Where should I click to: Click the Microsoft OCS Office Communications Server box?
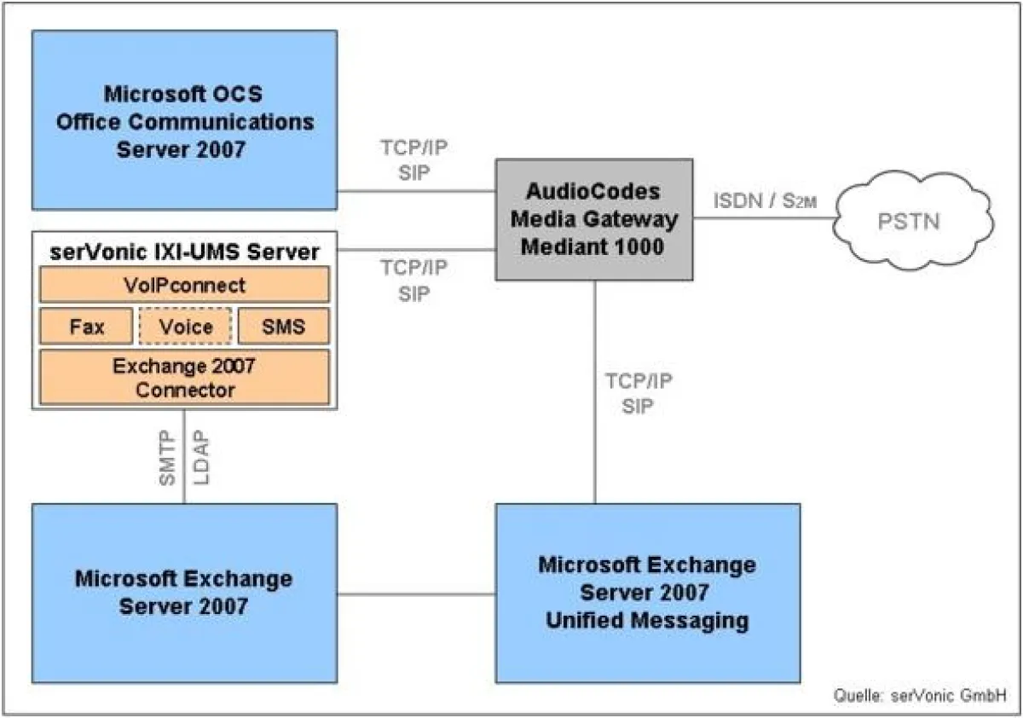pos(184,119)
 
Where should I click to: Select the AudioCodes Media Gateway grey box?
pos(594,218)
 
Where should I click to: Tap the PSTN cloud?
pos(908,223)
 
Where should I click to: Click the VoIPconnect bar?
pos(184,284)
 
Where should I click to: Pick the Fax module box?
pos(87,327)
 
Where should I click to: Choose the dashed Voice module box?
pos(185,327)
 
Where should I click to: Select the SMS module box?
pos(283,327)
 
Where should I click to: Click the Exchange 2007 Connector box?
pos(184,378)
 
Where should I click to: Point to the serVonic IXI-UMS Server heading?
pos(184,252)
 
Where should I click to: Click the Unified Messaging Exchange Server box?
pos(647,593)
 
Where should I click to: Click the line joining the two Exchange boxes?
pos(416,594)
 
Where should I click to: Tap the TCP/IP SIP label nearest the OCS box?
pos(413,159)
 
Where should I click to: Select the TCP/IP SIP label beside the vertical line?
pos(638,393)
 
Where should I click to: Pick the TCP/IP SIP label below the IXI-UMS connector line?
pos(413,281)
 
